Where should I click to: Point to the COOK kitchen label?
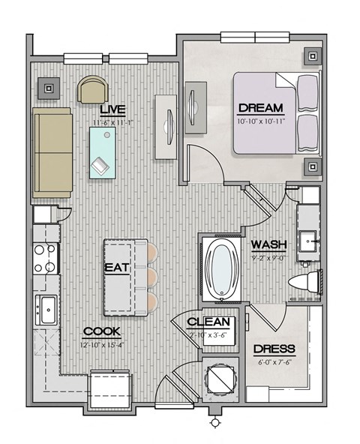[102, 330]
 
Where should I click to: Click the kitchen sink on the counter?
[46, 307]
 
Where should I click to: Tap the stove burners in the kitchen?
[45, 257]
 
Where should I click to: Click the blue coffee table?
[102, 152]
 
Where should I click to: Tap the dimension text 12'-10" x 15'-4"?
[102, 344]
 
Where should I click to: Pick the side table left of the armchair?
[49, 88]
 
